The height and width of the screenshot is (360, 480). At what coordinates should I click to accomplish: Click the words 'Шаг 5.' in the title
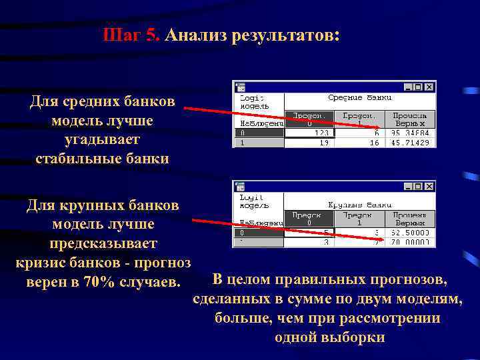[x=132, y=35]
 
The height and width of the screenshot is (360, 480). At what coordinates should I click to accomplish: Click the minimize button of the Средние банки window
[x=408, y=87]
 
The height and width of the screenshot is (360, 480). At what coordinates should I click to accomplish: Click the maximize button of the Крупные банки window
[x=419, y=187]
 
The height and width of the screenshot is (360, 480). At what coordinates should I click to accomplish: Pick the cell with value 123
[x=310, y=133]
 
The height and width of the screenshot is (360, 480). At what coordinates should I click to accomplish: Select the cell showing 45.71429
[x=411, y=143]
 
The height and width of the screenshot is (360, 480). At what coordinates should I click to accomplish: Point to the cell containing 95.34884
[x=411, y=133]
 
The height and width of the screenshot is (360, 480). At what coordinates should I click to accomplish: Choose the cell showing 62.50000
[x=411, y=233]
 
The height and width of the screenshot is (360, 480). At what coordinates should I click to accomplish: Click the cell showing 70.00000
[x=411, y=243]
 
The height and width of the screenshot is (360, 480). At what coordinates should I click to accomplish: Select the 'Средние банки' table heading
[x=359, y=98]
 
